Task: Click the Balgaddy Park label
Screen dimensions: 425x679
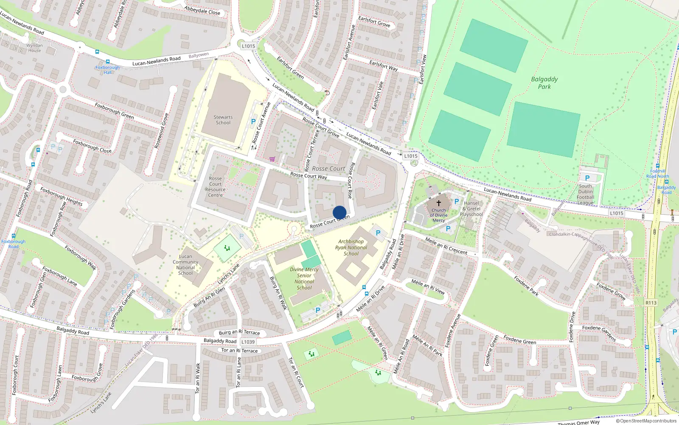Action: pyautogui.click(x=544, y=83)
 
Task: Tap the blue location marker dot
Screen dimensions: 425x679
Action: pyautogui.click(x=339, y=212)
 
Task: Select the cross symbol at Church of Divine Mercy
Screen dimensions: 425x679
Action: pyautogui.click(x=439, y=203)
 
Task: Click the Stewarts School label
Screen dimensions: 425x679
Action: pyautogui.click(x=223, y=120)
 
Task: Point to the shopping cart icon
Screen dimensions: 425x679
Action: pyautogui.click(x=272, y=159)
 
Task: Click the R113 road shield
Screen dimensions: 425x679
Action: pyautogui.click(x=651, y=303)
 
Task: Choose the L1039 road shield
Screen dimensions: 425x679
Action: pyautogui.click(x=248, y=342)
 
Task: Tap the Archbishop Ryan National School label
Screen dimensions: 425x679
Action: pyautogui.click(x=351, y=247)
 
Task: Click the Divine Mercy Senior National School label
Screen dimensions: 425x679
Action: pyautogui.click(x=304, y=278)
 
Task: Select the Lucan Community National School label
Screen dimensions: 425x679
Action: pyautogui.click(x=185, y=265)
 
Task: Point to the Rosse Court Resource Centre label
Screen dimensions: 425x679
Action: pyautogui.click(x=216, y=187)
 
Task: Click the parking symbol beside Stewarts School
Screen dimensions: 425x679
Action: pyautogui.click(x=253, y=122)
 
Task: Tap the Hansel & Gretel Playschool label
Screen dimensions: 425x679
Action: pyautogui.click(x=471, y=209)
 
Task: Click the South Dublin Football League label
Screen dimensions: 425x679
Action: pyautogui.click(x=585, y=194)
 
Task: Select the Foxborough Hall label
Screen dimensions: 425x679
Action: pyautogui.click(x=107, y=70)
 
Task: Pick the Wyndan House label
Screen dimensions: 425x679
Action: pyautogui.click(x=34, y=48)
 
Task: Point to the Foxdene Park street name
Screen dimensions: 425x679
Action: pyautogui.click(x=526, y=286)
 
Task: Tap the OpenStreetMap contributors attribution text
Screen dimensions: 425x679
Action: pyautogui.click(x=646, y=421)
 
